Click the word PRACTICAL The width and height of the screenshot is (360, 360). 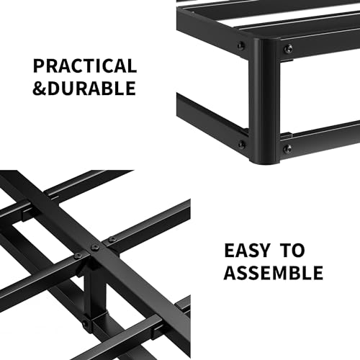[84, 67]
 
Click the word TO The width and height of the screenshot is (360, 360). [293, 251]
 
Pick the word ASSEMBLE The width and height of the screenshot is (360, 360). [272, 274]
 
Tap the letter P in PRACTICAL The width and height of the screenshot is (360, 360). [40, 67]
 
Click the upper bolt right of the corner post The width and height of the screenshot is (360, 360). [287, 50]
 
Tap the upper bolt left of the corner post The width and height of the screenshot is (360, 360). [240, 46]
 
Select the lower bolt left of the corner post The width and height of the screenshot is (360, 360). [241, 144]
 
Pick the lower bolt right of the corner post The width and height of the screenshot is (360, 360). [287, 149]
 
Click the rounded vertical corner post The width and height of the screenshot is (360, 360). [264, 101]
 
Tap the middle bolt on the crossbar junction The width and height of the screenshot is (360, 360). [93, 247]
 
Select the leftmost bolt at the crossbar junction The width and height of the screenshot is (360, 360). [77, 256]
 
